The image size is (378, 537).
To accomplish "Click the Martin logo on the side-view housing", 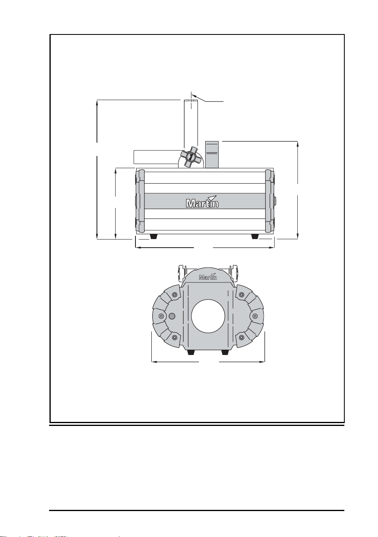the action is [202, 201].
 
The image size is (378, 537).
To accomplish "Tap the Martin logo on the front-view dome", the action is [208, 276].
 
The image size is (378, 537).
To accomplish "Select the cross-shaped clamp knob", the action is [189, 157].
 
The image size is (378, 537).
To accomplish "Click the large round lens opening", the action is [208, 316].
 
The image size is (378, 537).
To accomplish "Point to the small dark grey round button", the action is [172, 316].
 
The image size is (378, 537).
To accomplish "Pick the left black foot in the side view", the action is [153, 236].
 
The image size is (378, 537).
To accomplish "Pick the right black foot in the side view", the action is [255, 236].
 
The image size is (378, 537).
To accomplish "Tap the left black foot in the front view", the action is [191, 352].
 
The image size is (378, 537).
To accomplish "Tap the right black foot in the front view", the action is [225, 352].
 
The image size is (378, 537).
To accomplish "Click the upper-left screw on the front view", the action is [175, 295].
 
